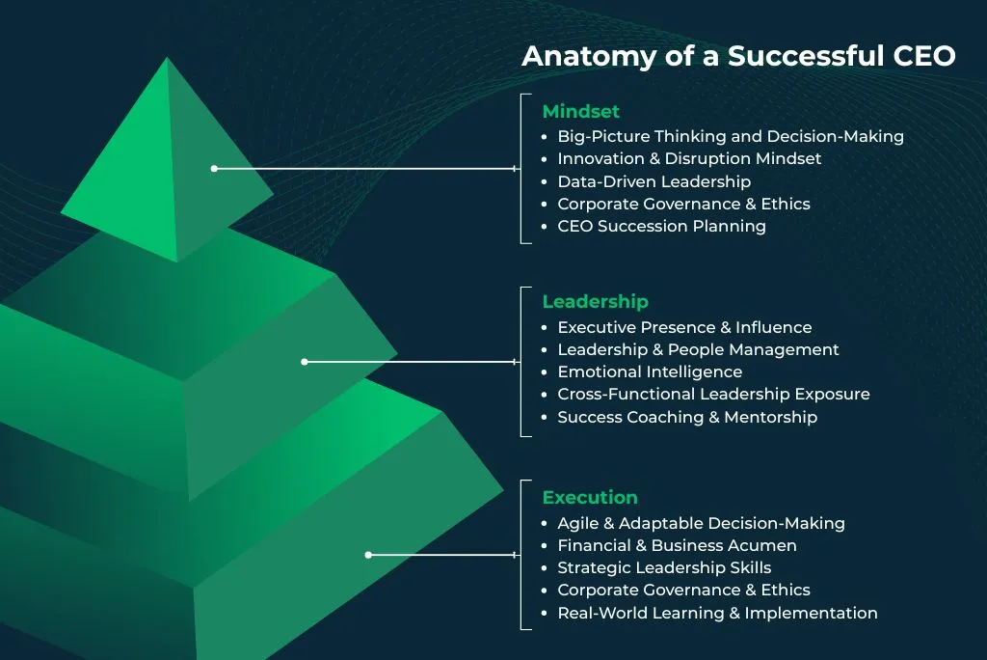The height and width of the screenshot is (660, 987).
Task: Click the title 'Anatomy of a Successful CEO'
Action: (738, 56)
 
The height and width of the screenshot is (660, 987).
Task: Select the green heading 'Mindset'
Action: (580, 112)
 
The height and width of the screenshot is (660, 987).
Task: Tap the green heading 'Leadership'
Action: (595, 302)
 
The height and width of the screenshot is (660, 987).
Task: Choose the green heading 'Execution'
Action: (589, 498)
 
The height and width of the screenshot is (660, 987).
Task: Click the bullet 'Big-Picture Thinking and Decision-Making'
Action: (730, 137)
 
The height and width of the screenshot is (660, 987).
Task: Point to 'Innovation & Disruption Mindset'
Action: (689, 159)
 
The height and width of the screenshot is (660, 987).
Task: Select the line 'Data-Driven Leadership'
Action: (654, 181)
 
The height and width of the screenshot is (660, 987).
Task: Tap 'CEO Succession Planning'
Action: (661, 227)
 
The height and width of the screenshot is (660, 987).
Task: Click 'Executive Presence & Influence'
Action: (684, 328)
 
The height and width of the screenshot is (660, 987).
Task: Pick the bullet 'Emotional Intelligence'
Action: (650, 372)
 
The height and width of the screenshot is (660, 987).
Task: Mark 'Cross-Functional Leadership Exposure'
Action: (713, 395)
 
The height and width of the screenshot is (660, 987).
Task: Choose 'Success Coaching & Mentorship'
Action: (686, 418)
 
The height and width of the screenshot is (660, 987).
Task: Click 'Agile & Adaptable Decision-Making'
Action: (701, 524)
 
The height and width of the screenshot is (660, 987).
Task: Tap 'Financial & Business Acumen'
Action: (677, 546)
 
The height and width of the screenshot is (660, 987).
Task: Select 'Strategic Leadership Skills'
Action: (664, 568)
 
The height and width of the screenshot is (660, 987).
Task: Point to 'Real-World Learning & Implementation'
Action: (717, 614)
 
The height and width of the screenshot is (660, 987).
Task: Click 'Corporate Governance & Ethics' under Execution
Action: (683, 591)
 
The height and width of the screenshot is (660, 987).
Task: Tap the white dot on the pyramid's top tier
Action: (214, 169)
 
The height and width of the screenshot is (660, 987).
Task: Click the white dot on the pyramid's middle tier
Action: (305, 362)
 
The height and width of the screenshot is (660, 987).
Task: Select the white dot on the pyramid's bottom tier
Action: (368, 555)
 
